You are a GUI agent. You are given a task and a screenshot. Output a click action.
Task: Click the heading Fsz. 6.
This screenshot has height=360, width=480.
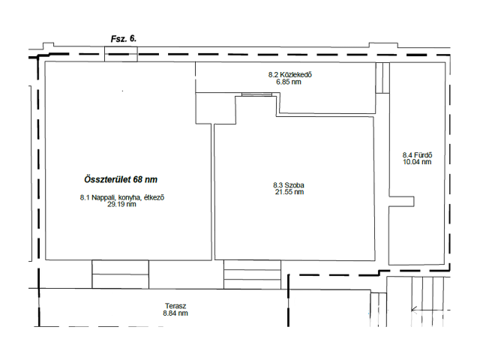(123, 39)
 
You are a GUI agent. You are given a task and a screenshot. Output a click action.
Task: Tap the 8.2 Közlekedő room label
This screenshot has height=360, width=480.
(290, 75)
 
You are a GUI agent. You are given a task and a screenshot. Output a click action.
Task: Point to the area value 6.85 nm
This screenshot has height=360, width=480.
(289, 82)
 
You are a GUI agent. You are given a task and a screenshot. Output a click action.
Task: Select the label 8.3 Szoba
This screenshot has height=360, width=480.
(289, 185)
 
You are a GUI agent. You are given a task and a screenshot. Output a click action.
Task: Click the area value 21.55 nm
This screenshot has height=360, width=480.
(289, 192)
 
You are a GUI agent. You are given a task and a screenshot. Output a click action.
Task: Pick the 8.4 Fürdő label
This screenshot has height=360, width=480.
(417, 155)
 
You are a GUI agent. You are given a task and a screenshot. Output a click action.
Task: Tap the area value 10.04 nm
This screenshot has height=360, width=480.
(417, 162)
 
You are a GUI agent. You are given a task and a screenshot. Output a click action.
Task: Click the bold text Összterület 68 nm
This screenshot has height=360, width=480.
(121, 179)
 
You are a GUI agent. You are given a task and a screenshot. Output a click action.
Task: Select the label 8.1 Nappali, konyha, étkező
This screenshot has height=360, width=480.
(122, 198)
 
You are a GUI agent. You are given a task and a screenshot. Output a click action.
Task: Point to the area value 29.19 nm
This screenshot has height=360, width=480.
(121, 205)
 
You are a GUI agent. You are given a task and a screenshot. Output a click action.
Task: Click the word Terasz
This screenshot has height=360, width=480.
(175, 306)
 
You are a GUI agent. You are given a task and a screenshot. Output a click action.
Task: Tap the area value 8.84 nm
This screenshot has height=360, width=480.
(175, 313)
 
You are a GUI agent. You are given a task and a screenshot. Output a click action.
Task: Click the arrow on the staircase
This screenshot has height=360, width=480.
(430, 310)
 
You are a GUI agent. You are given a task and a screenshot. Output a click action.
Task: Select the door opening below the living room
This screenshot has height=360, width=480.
(120, 274)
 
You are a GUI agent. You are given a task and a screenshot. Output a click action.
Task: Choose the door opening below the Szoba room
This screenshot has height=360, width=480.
(252, 274)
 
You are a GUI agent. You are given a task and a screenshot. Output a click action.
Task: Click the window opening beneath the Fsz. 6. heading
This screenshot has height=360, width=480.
(121, 54)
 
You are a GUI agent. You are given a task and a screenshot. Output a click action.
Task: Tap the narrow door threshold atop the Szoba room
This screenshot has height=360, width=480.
(256, 94)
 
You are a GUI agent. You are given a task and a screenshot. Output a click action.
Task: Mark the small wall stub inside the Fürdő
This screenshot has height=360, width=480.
(402, 202)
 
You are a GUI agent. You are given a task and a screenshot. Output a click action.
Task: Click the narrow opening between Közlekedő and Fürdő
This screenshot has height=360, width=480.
(382, 78)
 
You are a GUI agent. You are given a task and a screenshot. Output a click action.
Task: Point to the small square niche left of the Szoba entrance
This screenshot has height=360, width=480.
(215, 108)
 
